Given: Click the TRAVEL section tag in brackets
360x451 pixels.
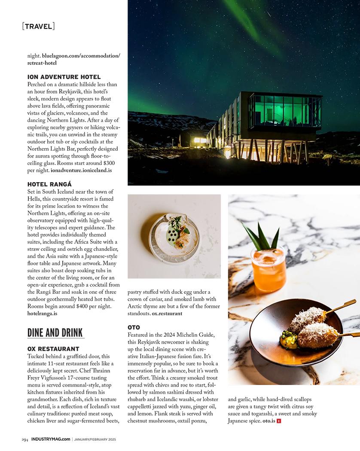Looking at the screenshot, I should point(38,26).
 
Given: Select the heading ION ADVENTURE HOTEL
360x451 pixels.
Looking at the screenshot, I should point(64,77).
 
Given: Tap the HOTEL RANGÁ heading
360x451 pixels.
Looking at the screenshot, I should point(49,184).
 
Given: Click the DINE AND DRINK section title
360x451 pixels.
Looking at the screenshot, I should point(55,333).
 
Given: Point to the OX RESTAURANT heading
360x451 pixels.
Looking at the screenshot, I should point(53,349).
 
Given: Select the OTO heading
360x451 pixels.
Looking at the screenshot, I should point(134,327).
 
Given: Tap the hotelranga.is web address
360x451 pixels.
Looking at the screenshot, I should point(42,314).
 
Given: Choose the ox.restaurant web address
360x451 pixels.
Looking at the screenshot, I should point(167,314).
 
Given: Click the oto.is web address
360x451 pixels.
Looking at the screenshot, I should point(268,421).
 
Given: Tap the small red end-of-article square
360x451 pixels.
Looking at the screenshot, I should point(279,421).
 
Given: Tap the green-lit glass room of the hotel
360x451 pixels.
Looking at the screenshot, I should point(284,111).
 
